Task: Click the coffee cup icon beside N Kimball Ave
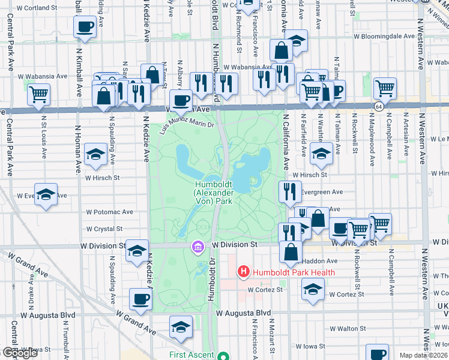[84, 26]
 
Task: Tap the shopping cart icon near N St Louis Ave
[38, 94]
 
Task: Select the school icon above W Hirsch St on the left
[96, 155]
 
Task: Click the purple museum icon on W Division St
[197, 247]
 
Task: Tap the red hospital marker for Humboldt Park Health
[244, 272]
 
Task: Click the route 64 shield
[378, 106]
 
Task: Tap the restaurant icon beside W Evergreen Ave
[291, 191]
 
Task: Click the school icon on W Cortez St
[313, 289]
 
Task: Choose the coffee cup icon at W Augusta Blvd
[141, 299]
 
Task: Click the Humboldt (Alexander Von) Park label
[212, 193]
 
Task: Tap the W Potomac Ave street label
[110, 212]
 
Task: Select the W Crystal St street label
[104, 229]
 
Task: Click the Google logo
[20, 353]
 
